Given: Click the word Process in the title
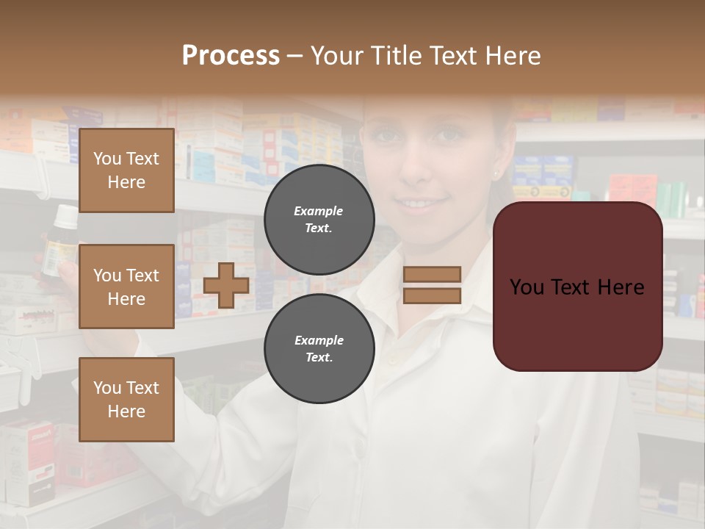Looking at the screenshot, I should point(231,56).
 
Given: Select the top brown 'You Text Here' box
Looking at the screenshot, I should point(126,170).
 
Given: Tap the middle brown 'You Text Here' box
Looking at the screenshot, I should point(126,287).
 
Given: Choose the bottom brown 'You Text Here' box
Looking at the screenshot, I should point(126,399).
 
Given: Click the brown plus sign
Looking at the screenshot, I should point(226,285).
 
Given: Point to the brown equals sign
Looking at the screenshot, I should point(433,285).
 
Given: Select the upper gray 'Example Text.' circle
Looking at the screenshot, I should point(319,219).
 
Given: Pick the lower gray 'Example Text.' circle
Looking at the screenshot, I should point(319,348).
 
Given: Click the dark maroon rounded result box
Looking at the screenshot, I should point(577,287).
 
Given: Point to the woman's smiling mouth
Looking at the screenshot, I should point(416,202).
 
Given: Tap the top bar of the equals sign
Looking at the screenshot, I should point(433,274).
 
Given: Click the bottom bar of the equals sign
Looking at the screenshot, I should point(433,295).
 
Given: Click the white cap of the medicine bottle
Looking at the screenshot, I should point(65,216).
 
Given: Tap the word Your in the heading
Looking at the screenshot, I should point(339,56).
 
